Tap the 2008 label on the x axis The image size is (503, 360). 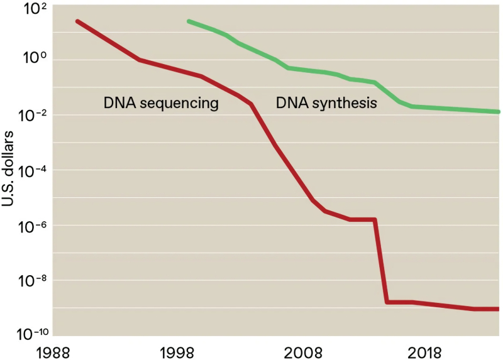tap(302, 351)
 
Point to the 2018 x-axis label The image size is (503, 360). tap(428, 351)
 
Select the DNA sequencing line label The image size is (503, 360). tap(161, 103)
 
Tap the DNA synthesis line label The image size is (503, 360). tap(326, 103)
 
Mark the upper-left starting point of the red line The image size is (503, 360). tap(77, 21)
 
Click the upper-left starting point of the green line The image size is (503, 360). tap(189, 21)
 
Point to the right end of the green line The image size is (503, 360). tap(499, 112)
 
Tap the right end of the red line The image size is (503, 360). tap(499, 308)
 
